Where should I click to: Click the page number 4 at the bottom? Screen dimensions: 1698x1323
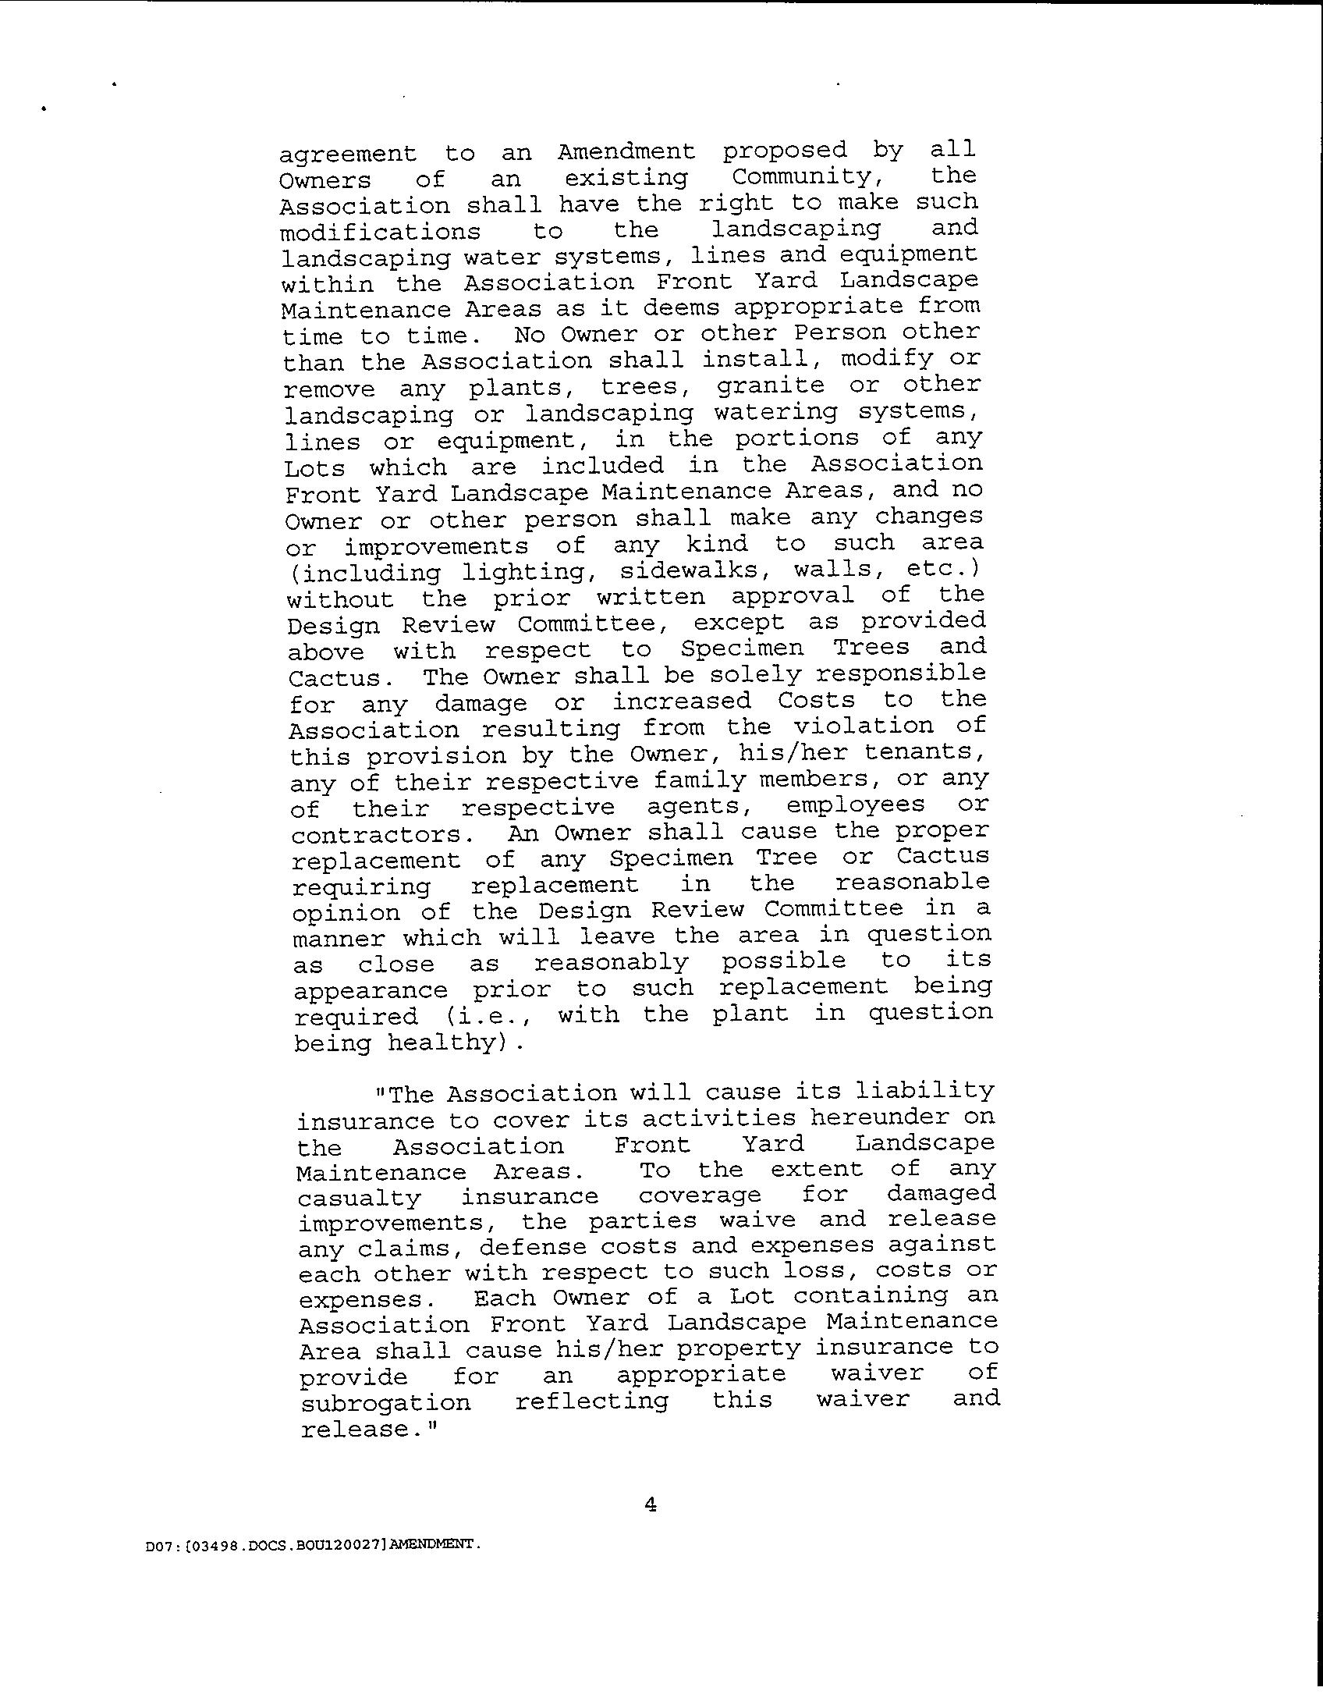651,1505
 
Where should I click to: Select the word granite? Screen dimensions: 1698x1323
770,385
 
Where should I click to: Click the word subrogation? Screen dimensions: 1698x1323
385,1402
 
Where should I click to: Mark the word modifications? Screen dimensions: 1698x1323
380,232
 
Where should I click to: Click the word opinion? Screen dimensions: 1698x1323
346,912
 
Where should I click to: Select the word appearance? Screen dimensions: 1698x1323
371,990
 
